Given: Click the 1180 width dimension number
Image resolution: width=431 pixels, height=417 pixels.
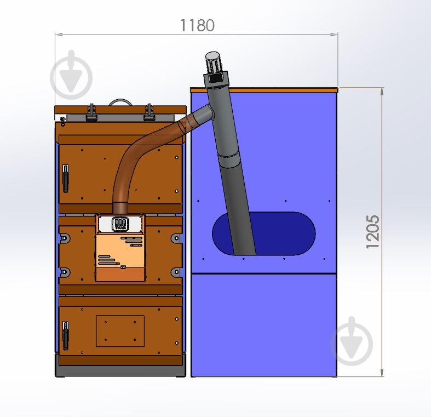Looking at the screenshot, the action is point(197,25).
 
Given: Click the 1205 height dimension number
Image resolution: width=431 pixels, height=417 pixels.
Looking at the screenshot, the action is point(373,232).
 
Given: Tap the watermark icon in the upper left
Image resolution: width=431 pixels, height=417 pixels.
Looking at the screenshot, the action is point(71,75).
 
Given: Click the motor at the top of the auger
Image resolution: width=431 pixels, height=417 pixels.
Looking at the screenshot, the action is point(213,62).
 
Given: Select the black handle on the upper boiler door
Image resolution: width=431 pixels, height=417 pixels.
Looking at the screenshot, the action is point(65,178).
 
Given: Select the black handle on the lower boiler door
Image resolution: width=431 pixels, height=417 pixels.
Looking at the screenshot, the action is point(65,335).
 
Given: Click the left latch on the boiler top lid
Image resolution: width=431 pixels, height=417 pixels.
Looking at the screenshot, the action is point(91,113).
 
